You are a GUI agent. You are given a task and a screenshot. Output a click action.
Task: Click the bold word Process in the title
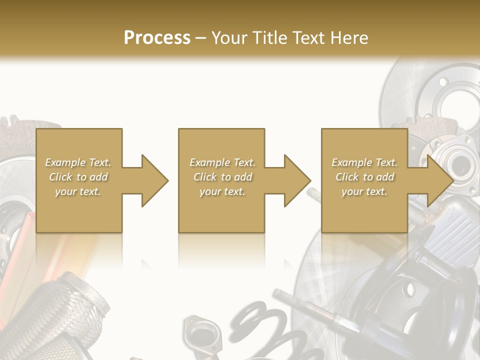[x=157, y=37]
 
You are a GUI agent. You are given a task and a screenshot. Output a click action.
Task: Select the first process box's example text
[x=78, y=177]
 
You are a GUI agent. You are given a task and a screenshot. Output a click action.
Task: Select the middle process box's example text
[x=222, y=177]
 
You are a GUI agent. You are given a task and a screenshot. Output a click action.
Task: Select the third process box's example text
[x=365, y=177]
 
